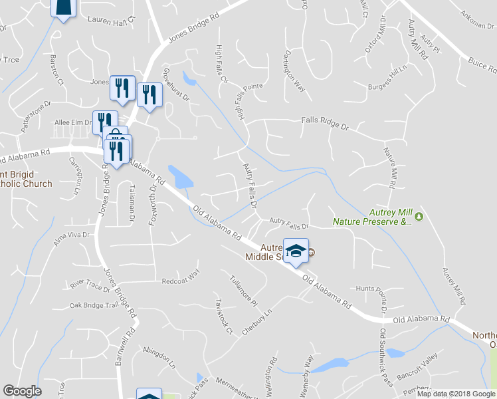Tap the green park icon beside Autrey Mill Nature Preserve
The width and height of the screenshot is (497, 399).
(x=419, y=216)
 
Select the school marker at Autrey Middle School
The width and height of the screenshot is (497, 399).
(x=296, y=250)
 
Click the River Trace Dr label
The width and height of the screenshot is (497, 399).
(x=89, y=285)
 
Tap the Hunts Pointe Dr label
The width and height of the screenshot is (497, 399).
(x=375, y=289)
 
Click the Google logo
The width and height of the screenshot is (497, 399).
(x=22, y=390)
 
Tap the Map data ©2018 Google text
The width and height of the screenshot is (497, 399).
(x=455, y=394)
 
